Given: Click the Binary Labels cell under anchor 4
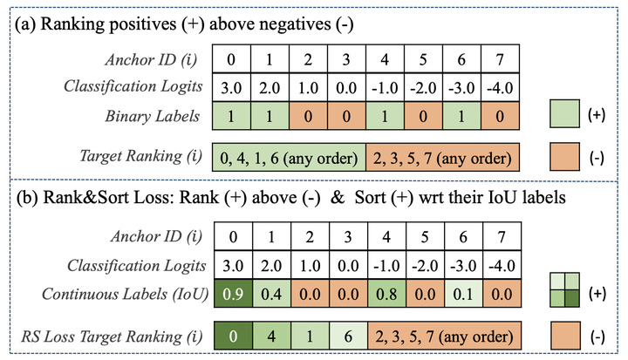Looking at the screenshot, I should point(386,115).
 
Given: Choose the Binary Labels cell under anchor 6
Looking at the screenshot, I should point(461,115).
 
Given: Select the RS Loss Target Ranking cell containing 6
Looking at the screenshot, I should point(347,336).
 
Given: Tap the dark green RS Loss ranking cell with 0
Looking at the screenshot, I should point(233,336).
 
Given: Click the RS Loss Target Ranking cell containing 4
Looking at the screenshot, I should point(271,336).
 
